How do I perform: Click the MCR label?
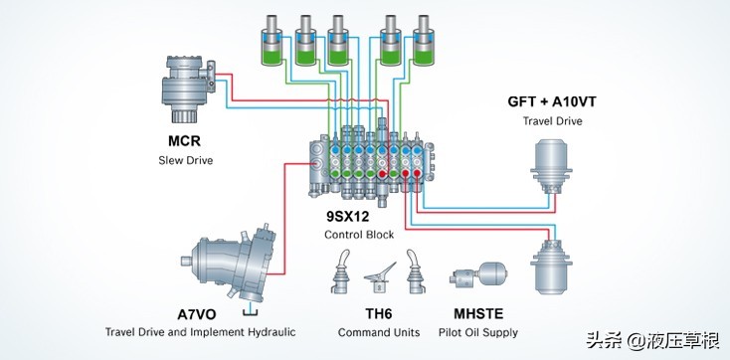[x=184, y=141]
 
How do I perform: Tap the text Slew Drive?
[x=185, y=161]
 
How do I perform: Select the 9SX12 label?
[x=348, y=216]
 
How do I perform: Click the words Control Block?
[x=359, y=235]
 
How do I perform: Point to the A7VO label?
[x=197, y=314]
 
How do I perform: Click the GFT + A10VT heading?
[x=552, y=102]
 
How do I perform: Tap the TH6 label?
[x=378, y=314]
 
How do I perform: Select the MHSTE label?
[x=478, y=314]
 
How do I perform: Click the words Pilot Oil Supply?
[x=478, y=332]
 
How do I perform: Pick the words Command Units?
[x=379, y=332]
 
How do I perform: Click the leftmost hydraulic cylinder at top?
[x=272, y=41]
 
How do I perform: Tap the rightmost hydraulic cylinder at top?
[x=424, y=41]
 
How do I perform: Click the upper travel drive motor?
[x=551, y=166]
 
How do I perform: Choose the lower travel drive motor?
[x=551, y=267]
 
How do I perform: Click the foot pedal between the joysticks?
[x=380, y=278]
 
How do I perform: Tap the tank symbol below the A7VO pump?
[x=251, y=311]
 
